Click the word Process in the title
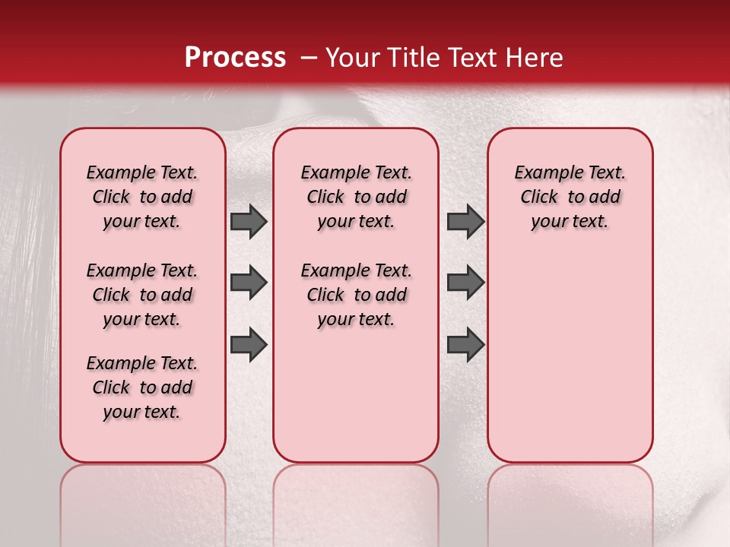click(x=235, y=58)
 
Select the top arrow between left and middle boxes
click(x=249, y=221)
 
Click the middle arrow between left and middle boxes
click(x=249, y=283)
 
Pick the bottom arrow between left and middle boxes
click(x=249, y=344)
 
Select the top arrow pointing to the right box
click(x=465, y=221)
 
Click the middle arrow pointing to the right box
click(x=465, y=283)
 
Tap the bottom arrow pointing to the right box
click(x=465, y=344)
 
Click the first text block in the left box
click(x=142, y=197)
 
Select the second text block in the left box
click(x=142, y=295)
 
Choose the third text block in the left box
click(x=142, y=387)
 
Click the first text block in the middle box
click(x=357, y=197)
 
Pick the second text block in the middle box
click(x=357, y=295)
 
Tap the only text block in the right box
click(x=570, y=197)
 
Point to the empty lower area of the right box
click(x=570, y=357)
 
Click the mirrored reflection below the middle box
click(x=356, y=494)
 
